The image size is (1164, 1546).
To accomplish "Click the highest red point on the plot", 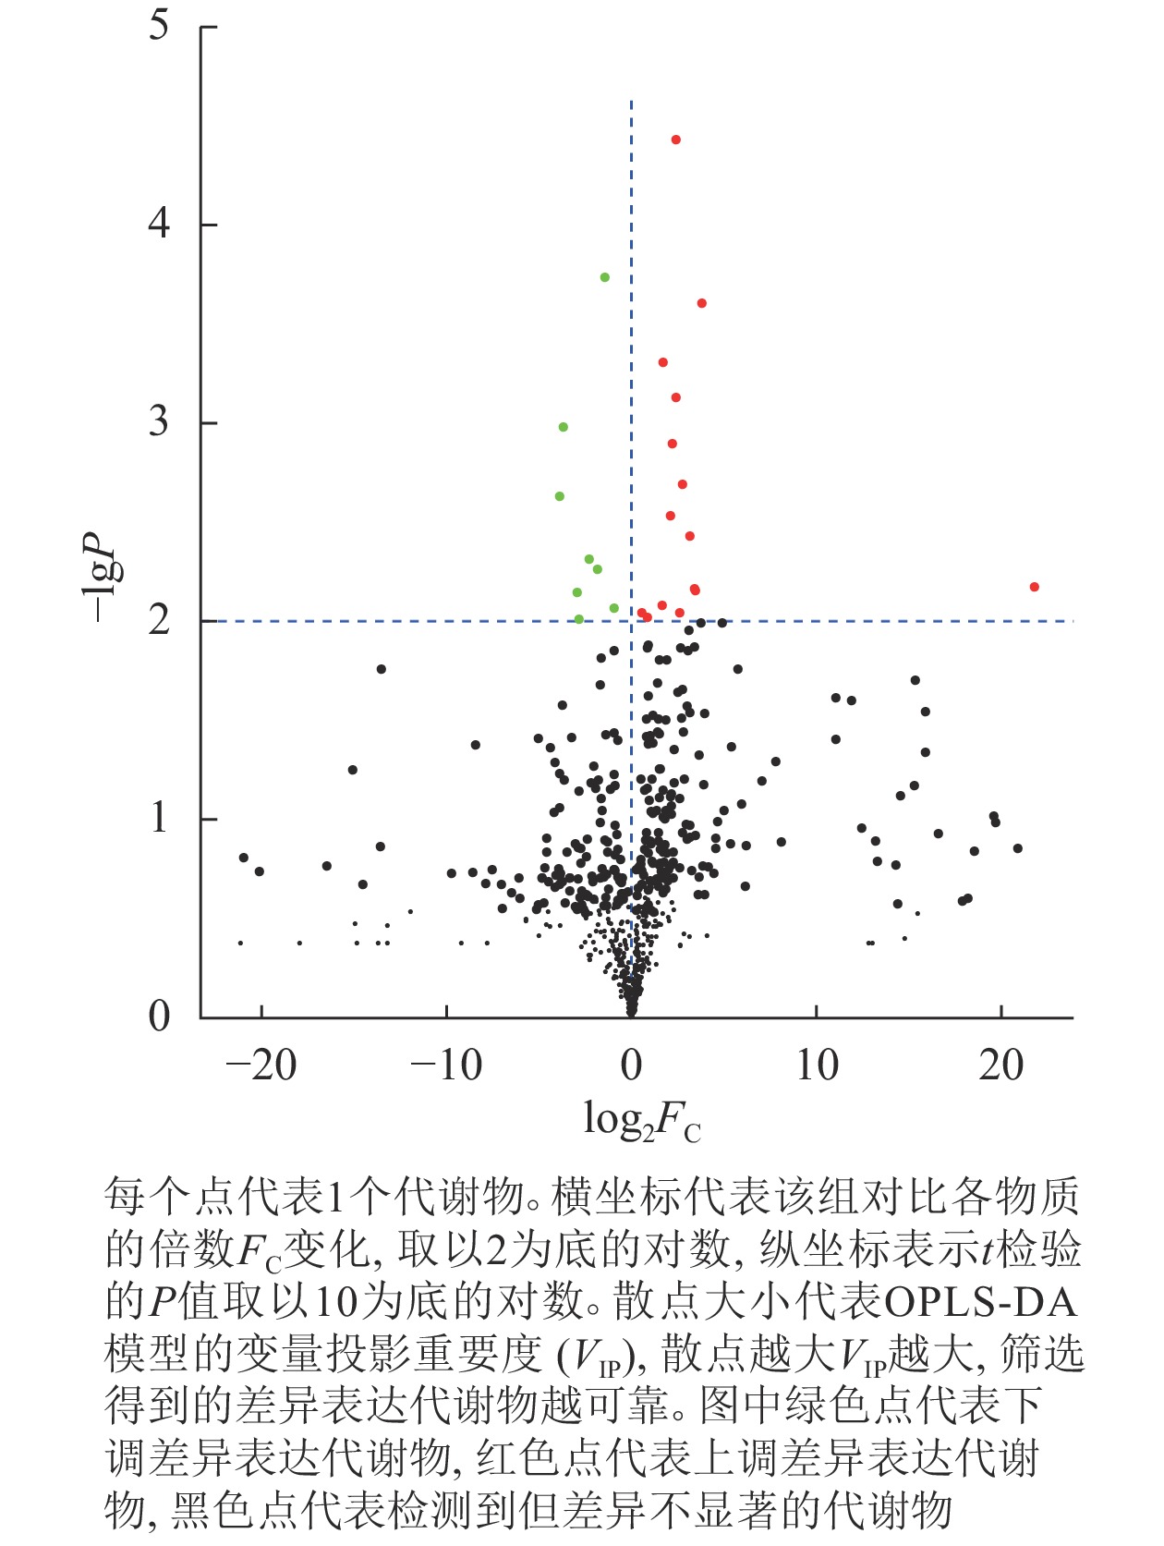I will (675, 140).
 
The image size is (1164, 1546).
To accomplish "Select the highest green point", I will (604, 277).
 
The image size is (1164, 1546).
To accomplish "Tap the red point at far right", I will (1034, 587).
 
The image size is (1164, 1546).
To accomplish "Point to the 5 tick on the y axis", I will (160, 26).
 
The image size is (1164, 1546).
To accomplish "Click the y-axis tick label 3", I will (160, 422).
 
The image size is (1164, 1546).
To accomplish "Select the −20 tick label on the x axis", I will (261, 1066).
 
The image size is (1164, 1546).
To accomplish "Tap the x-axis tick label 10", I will (817, 1066).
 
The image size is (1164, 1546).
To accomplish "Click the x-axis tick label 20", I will (1001, 1066).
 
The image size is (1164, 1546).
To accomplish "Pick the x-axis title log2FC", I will (641, 1121).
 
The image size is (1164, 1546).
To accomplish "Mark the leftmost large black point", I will (244, 858).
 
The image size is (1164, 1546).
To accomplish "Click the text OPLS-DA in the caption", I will (981, 1302).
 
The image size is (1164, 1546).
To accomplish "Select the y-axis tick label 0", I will (160, 1016).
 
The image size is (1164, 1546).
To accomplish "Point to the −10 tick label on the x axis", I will (446, 1066).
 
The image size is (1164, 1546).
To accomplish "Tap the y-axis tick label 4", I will (160, 224).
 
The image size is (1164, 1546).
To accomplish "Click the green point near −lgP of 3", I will (563, 427).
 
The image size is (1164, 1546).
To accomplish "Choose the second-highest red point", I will (701, 303).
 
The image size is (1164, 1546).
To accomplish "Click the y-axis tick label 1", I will (160, 819).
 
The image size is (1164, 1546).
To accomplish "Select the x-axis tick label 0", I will (632, 1066).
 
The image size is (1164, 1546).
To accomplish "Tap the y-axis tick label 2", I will (160, 620).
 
